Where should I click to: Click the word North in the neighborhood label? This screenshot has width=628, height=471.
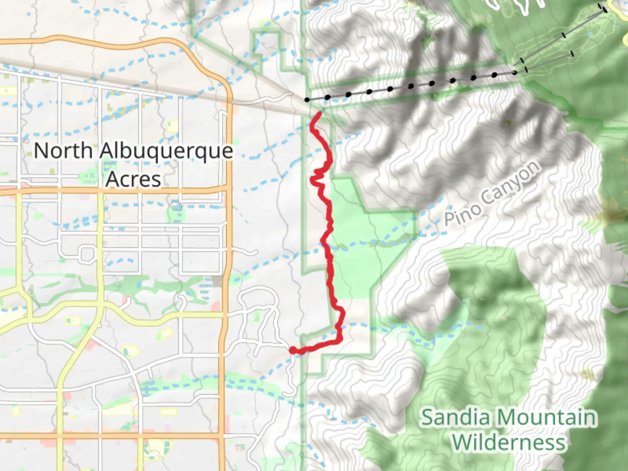pos(63,151)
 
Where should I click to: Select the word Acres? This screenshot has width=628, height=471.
pos(133,179)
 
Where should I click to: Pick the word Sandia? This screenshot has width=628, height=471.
pos(456,417)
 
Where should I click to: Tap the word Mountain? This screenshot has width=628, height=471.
pos(546,417)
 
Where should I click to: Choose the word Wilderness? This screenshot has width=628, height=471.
pos(509,443)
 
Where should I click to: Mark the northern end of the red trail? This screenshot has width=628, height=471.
pos(320,113)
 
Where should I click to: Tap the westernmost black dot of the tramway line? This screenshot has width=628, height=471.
pos(307,100)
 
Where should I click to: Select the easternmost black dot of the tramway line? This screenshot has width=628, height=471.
pos(515,72)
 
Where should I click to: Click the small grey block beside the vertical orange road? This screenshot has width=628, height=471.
pos(217,281)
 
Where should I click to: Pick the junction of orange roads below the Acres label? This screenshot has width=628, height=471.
pos(229,188)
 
